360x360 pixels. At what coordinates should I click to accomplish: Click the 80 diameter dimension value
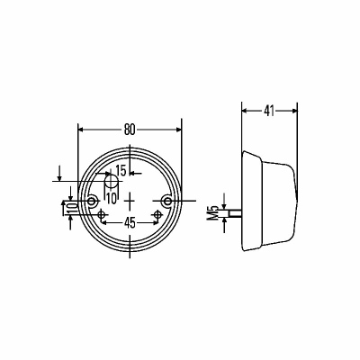(x=130, y=130)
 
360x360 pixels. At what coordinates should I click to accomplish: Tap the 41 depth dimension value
(x=269, y=111)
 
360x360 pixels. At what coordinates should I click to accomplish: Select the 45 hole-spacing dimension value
(x=130, y=222)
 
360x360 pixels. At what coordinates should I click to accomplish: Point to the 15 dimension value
(x=121, y=171)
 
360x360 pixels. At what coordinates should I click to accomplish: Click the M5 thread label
(x=213, y=213)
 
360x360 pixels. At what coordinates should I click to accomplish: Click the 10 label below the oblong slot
(x=112, y=199)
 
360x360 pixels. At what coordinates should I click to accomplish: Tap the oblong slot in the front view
(x=111, y=182)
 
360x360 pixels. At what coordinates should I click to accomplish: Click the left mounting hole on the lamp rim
(x=93, y=201)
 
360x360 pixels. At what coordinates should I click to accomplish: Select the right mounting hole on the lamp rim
(x=166, y=201)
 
